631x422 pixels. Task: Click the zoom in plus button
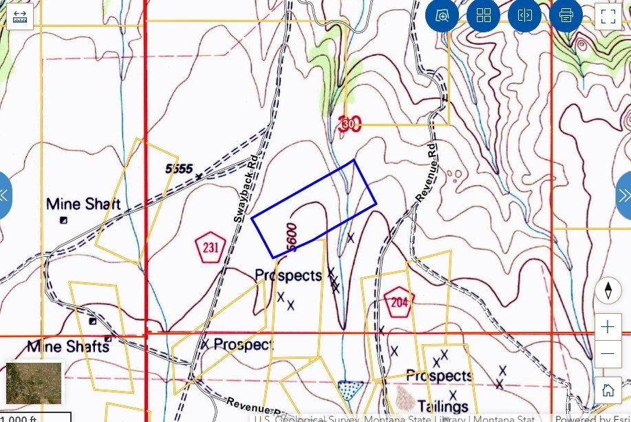coord(608,326)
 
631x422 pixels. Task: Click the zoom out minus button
coord(608,354)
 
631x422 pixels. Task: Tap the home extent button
coord(608,390)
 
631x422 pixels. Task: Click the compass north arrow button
coord(608,291)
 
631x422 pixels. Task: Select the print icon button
coord(566,15)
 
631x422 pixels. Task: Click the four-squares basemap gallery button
coord(483,15)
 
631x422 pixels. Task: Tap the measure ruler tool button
coord(20,16)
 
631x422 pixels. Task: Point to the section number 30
coord(349,124)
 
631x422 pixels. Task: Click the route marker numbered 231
coord(211,248)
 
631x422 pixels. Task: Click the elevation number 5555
coord(179,169)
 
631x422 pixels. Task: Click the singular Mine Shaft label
coord(83,204)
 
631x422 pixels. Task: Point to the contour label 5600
coord(292,238)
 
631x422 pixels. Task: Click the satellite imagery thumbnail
coord(34,383)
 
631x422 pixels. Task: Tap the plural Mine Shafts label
coord(68,346)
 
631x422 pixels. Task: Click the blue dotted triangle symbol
coord(352,390)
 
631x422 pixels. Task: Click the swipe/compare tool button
coord(524,15)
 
